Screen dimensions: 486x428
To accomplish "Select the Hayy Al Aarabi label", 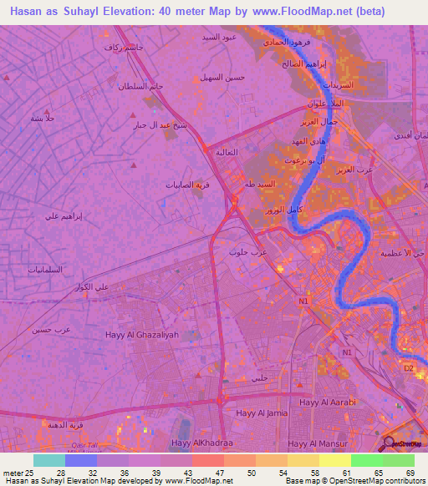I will pos(331,402).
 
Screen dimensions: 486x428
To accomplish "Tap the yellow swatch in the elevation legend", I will pos(335,460).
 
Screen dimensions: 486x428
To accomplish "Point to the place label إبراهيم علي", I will pos(64,215).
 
